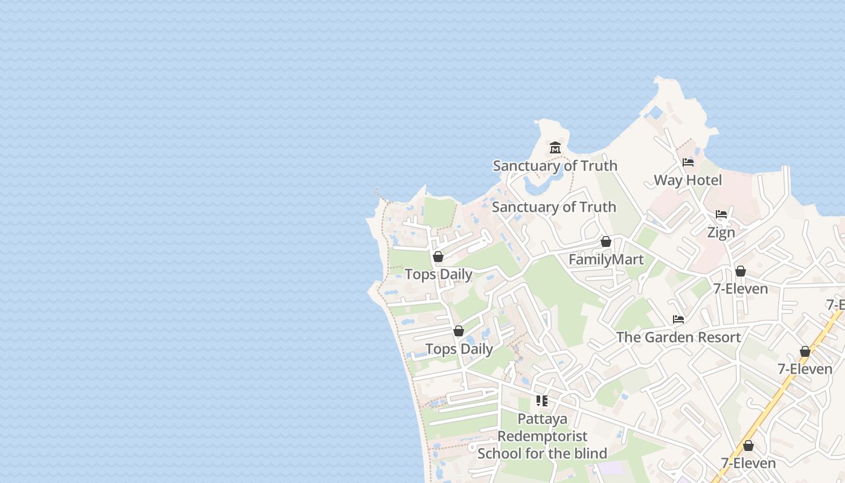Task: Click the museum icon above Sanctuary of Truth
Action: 555,147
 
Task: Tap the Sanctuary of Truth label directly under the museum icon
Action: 555,165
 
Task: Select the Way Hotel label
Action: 687,180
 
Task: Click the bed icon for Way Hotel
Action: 687,162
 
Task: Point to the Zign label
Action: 721,232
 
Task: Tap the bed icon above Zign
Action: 721,214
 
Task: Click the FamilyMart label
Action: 606,260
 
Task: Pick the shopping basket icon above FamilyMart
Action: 606,241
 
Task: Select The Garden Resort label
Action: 678,337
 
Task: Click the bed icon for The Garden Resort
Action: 678,319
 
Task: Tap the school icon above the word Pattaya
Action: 542,400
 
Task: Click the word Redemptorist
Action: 542,436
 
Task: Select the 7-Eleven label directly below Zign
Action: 741,289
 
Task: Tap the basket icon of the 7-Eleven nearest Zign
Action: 741,271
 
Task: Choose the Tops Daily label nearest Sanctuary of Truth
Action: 438,274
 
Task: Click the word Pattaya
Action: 542,418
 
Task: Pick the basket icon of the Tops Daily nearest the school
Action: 459,331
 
